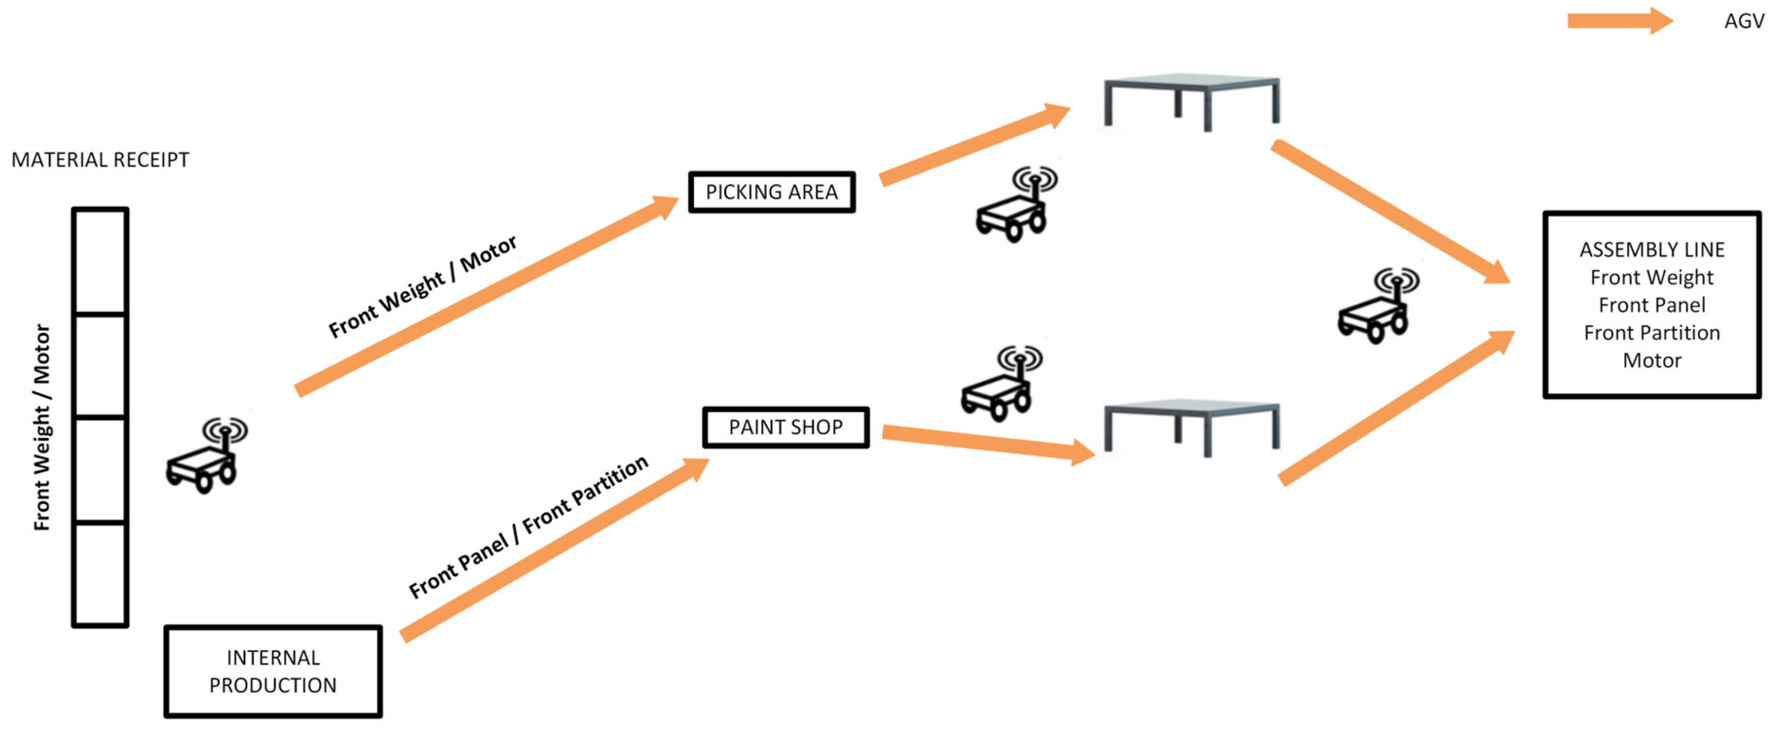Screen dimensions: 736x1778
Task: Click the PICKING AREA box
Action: tap(772, 192)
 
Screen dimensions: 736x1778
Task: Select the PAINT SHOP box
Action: tap(785, 427)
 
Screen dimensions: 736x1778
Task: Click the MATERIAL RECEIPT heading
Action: tap(100, 160)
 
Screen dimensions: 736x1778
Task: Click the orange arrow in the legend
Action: tap(1619, 21)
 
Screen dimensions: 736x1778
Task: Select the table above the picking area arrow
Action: tap(1191, 100)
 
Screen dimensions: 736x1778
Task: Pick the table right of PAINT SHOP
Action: tap(1191, 426)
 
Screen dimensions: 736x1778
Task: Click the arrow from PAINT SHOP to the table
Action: tap(987, 443)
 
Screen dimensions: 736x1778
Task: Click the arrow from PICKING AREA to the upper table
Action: tap(974, 144)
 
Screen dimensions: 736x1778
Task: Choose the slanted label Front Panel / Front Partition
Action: tap(528, 526)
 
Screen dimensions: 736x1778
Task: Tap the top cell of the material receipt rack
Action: tap(100, 261)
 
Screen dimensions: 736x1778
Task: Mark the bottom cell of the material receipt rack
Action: tap(100, 574)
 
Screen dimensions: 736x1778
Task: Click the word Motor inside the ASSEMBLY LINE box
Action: tap(1651, 361)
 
